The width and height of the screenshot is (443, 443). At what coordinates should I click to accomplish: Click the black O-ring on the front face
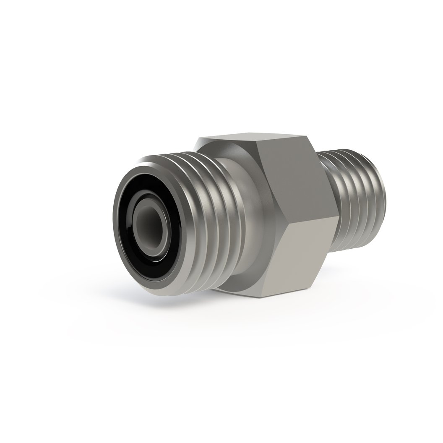click(126, 235)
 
